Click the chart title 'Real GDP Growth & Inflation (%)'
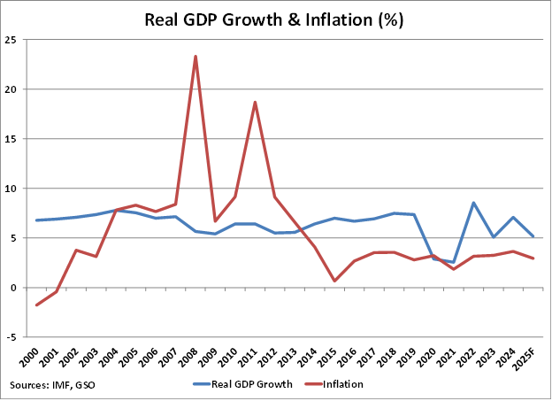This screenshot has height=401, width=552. pyautogui.click(x=274, y=19)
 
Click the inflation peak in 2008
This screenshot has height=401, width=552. pyautogui.click(x=195, y=57)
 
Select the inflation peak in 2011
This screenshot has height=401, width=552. pyautogui.click(x=256, y=102)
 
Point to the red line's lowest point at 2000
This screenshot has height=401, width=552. pyautogui.click(x=36, y=305)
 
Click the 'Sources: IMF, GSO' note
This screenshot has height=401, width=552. pyautogui.click(x=51, y=385)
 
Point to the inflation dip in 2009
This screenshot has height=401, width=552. pyautogui.click(x=215, y=221)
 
